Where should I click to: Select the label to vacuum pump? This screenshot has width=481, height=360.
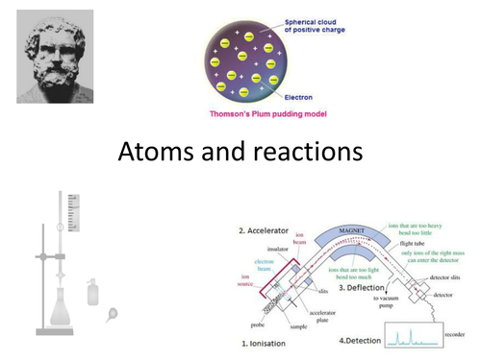tap(381, 305)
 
